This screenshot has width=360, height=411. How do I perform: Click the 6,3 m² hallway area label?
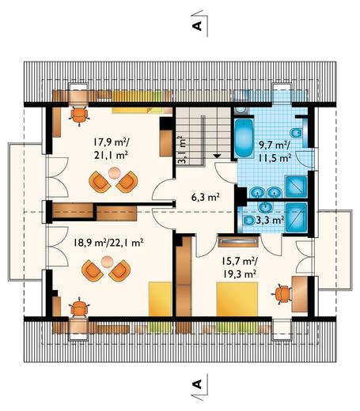[205, 197]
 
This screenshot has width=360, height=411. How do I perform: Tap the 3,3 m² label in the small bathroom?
[270, 220]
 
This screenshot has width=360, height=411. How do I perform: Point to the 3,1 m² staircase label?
[182, 149]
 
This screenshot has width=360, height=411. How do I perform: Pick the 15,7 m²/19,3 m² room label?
[240, 268]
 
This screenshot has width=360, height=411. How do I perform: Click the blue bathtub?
[244, 138]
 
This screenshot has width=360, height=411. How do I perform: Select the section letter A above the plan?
[197, 25]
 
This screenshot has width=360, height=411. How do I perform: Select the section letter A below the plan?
[197, 384]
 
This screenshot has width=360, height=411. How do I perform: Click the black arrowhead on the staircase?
[217, 156]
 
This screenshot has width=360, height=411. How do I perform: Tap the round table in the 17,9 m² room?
[115, 173]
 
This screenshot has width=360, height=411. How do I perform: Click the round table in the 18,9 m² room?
[107, 262]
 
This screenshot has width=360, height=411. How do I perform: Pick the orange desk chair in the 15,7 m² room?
[282, 294]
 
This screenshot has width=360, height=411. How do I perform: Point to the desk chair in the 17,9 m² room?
[79, 115]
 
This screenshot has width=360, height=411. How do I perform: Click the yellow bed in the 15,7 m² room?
[237, 299]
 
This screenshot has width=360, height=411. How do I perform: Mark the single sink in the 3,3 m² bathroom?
[266, 207]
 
